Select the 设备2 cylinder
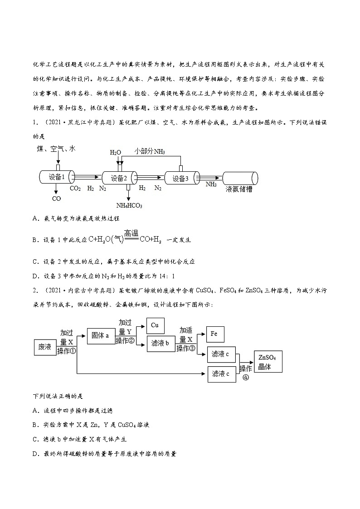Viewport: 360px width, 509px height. point(120,178)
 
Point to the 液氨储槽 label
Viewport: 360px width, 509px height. point(238,189)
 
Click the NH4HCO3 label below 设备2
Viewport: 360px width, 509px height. point(129,205)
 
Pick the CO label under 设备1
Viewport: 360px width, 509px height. point(57,199)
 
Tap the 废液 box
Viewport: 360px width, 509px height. point(45,347)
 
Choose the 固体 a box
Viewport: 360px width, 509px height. point(100,336)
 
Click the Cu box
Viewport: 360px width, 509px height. point(155,325)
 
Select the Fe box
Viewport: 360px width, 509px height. point(215,334)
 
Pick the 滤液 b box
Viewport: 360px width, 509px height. point(159,344)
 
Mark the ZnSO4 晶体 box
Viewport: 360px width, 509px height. point(268,362)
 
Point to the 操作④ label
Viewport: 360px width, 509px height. point(246,372)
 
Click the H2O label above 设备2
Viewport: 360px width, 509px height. point(116,153)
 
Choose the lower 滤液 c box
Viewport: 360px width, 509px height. point(221,374)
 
